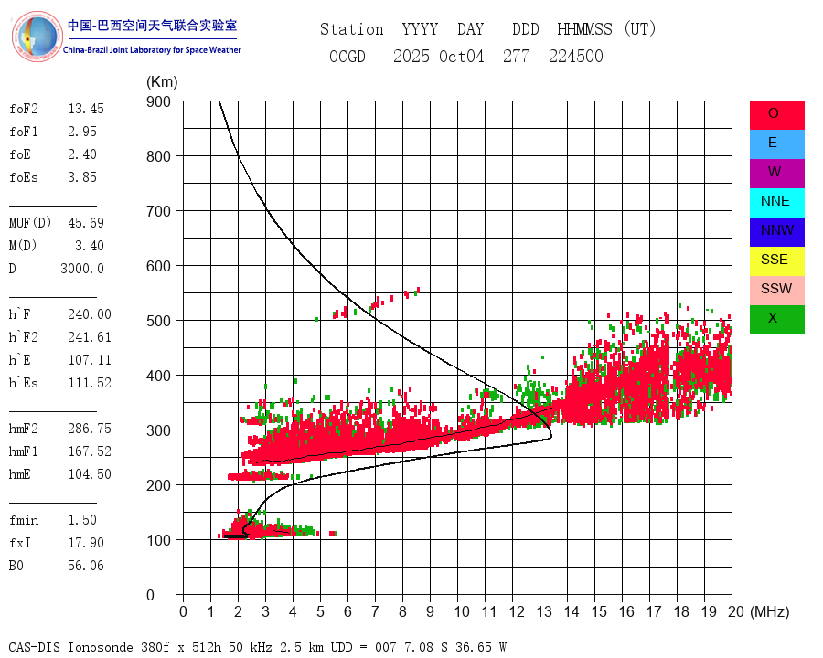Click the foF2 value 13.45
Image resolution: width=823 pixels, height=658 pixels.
tap(86, 109)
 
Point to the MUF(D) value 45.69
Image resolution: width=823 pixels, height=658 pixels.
tap(86, 223)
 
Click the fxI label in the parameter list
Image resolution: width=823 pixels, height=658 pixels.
tap(20, 543)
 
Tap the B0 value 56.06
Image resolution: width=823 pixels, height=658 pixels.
tap(86, 566)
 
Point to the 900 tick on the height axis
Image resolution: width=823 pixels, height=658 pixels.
tap(158, 101)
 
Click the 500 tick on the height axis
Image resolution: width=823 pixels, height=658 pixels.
tap(158, 321)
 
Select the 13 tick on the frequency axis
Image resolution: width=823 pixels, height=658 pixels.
tap(544, 611)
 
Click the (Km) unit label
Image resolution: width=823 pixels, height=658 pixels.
tap(162, 82)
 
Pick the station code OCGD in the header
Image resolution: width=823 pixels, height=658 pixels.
tap(347, 57)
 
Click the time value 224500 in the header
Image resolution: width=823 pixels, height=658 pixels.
tap(575, 57)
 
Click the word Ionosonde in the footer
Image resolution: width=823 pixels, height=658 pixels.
tap(104, 647)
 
